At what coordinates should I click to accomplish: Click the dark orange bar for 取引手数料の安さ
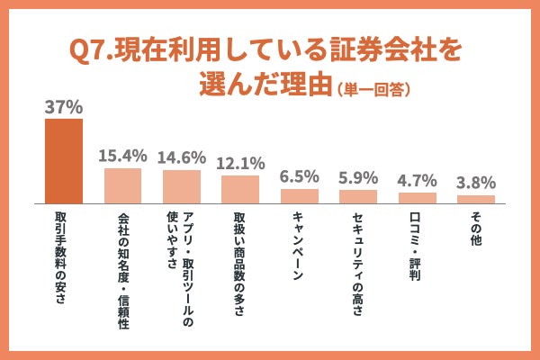pos(64,160)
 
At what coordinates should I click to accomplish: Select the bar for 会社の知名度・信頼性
pos(122,185)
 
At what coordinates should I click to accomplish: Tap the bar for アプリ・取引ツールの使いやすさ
pos(182,186)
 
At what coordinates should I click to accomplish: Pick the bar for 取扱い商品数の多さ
pos(240,189)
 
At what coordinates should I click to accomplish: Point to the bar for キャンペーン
pos(300,195)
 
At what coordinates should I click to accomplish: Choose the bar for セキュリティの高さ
pos(358,196)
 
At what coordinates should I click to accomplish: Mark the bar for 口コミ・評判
pos(417,197)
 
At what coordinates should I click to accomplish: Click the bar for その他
pos(476,199)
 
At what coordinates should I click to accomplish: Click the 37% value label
pos(64,106)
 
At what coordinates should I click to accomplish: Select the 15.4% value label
pos(122,155)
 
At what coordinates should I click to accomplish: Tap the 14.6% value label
pos(182,157)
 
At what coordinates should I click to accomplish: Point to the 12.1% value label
pos(240,163)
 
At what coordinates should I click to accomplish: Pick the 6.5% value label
pos(300,176)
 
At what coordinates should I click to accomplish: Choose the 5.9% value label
pos(358,177)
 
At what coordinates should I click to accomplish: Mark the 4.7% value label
pos(417,180)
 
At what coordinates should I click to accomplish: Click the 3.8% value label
pos(476,182)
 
